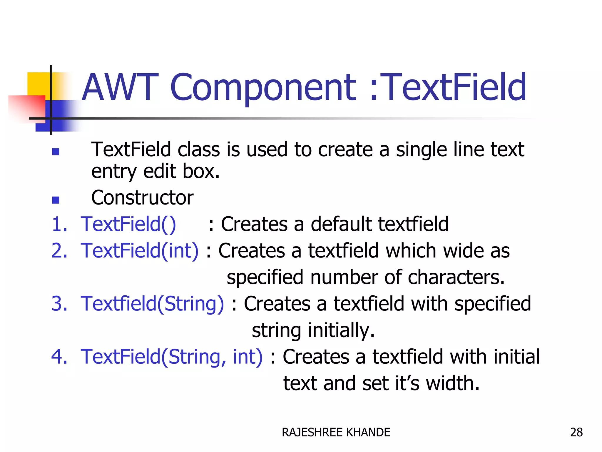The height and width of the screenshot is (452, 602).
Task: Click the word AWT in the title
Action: (120, 87)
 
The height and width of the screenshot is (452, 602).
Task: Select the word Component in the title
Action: (263, 88)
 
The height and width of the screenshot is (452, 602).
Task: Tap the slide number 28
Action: (576, 432)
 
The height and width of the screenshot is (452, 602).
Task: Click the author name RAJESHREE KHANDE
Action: (336, 432)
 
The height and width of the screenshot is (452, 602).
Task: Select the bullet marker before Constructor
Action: (56, 200)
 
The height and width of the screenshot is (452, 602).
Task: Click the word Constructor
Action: (142, 197)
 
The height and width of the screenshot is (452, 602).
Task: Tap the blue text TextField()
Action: (128, 224)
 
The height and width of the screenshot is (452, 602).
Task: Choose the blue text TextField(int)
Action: (140, 251)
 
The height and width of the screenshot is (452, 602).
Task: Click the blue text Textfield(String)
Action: (152, 304)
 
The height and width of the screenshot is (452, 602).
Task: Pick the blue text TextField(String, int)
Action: (171, 357)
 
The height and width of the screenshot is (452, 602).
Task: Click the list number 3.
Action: (59, 304)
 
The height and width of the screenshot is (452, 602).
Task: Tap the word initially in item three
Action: (341, 330)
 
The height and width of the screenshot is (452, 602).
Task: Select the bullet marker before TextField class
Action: (56, 152)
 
